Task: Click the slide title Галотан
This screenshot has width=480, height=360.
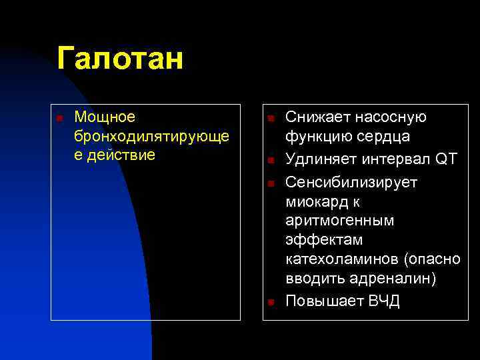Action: click(x=119, y=59)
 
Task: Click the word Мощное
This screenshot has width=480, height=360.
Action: click(x=105, y=117)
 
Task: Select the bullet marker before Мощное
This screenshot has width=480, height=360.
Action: click(x=60, y=119)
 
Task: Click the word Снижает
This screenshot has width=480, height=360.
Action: click(x=312, y=117)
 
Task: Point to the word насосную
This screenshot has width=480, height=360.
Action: click(x=385, y=117)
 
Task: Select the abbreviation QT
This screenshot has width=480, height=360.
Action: click(x=446, y=159)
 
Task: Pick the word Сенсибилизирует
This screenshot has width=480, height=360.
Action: click(x=351, y=182)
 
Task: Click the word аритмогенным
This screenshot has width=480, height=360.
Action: click(x=339, y=220)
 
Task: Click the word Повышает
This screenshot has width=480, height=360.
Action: click(x=324, y=301)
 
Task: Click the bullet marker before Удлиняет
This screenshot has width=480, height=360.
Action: click(x=271, y=161)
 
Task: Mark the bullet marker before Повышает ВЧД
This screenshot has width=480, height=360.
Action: click(x=271, y=302)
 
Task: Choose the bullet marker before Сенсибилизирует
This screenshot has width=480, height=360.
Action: click(x=271, y=183)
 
